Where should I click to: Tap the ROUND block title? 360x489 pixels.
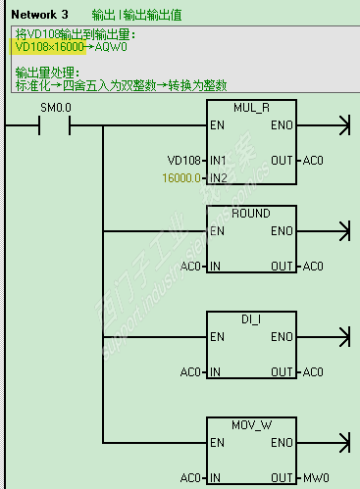[252, 213]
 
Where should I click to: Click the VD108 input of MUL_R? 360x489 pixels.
[181, 159]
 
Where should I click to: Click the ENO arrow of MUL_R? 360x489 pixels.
[342, 126]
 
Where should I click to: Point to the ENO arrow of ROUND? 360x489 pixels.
[342, 232]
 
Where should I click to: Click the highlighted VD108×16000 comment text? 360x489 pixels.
[56, 47]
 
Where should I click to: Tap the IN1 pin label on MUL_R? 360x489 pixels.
[218, 159]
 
